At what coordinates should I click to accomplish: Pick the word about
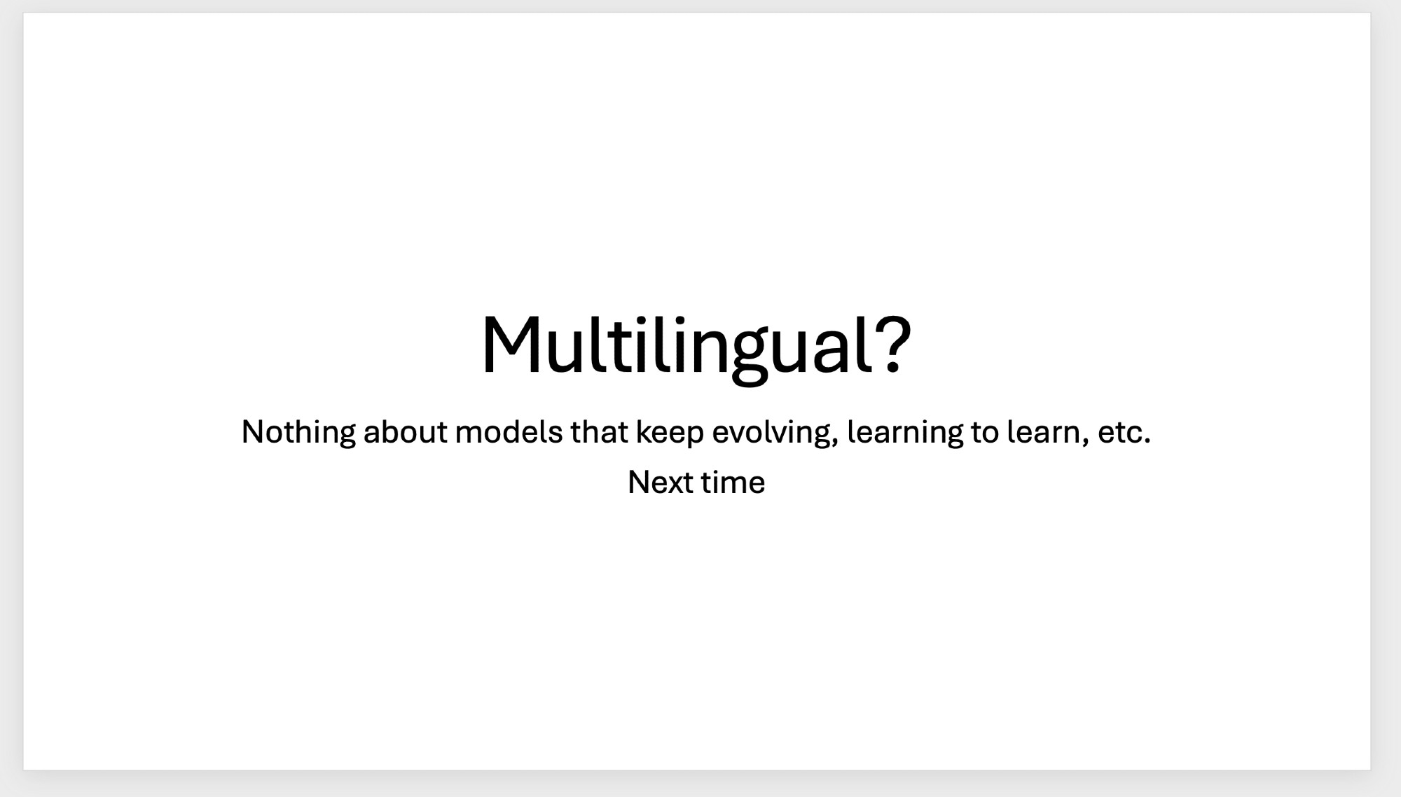405,432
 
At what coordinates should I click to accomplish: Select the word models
509,432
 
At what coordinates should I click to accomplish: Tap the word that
600,432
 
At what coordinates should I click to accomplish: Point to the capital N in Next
639,483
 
